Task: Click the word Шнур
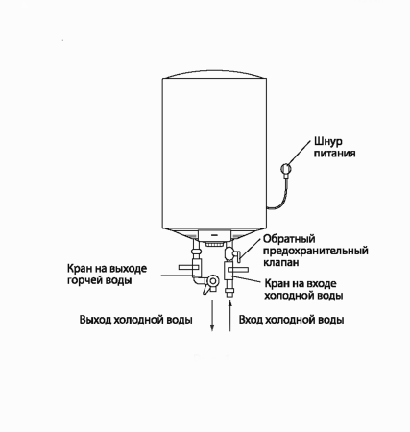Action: coord(328,142)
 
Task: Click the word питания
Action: coord(334,154)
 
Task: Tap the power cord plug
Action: coord(285,168)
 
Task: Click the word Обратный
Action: coord(289,239)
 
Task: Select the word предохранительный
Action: coord(316,251)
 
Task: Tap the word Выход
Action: coord(95,320)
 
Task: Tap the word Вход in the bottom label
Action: coord(251,320)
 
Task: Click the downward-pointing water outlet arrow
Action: coord(212,315)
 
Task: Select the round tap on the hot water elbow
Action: coord(212,281)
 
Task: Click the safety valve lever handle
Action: coord(238,256)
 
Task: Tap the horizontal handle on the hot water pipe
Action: coord(189,267)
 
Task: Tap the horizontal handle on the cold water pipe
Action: coord(238,270)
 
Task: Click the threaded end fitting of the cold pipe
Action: coord(229,293)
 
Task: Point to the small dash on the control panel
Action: coord(215,235)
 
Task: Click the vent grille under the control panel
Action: coord(214,244)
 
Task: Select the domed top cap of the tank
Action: coord(214,74)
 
